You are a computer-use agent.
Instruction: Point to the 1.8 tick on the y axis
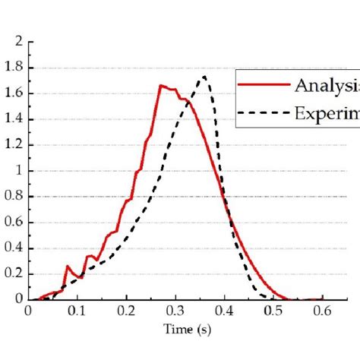(x=15, y=68)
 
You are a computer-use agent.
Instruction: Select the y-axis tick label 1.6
(x=15, y=93)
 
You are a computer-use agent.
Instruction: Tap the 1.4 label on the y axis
(x=15, y=119)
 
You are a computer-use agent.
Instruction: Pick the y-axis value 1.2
(x=15, y=145)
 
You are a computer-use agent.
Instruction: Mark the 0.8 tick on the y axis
(x=15, y=197)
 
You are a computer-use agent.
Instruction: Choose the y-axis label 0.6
(x=15, y=223)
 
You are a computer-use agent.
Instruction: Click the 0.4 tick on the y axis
(x=15, y=248)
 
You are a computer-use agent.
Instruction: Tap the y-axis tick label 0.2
(x=15, y=274)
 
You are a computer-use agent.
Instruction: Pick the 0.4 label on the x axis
(x=225, y=311)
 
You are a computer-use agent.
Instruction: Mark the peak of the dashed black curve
(x=204, y=76)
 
